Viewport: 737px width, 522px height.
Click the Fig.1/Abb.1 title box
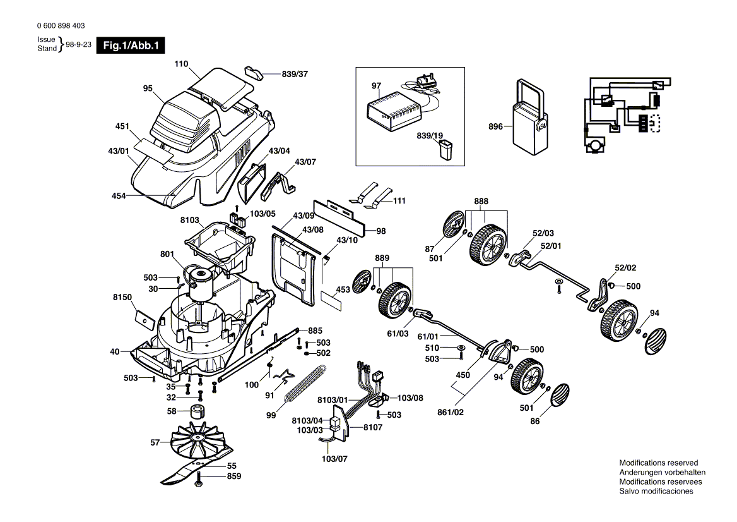130,46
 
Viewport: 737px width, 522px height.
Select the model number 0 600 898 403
61,26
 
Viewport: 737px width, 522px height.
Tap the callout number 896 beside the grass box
495,126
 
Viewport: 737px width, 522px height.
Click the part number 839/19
430,135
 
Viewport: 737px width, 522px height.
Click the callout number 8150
122,296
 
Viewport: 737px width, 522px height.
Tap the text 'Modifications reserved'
658,463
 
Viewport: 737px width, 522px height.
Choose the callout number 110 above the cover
182,64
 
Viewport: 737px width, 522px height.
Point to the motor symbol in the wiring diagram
594,147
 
